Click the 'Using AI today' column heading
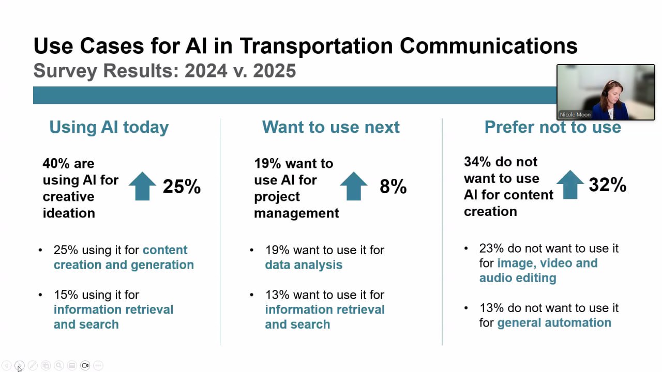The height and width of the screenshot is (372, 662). point(109,127)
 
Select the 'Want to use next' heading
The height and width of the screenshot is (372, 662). point(330,127)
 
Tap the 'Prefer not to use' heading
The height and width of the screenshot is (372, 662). point(552,127)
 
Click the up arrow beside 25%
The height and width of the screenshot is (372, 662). point(142,186)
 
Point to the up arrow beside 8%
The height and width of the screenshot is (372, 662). point(354,186)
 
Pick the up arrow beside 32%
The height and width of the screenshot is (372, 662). point(570,184)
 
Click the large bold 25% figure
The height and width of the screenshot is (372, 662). point(182,187)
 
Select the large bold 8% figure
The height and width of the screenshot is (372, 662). point(393,187)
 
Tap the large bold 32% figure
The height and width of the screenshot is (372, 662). point(607,185)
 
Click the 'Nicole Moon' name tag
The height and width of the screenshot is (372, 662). point(575,115)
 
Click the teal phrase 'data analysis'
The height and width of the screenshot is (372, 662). point(304,265)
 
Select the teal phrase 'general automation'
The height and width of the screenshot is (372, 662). point(554,323)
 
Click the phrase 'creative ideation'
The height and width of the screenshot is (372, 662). point(69,205)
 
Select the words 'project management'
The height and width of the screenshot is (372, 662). point(296,205)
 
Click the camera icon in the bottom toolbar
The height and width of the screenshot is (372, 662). point(85,365)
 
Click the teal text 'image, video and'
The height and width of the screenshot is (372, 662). point(547,263)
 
